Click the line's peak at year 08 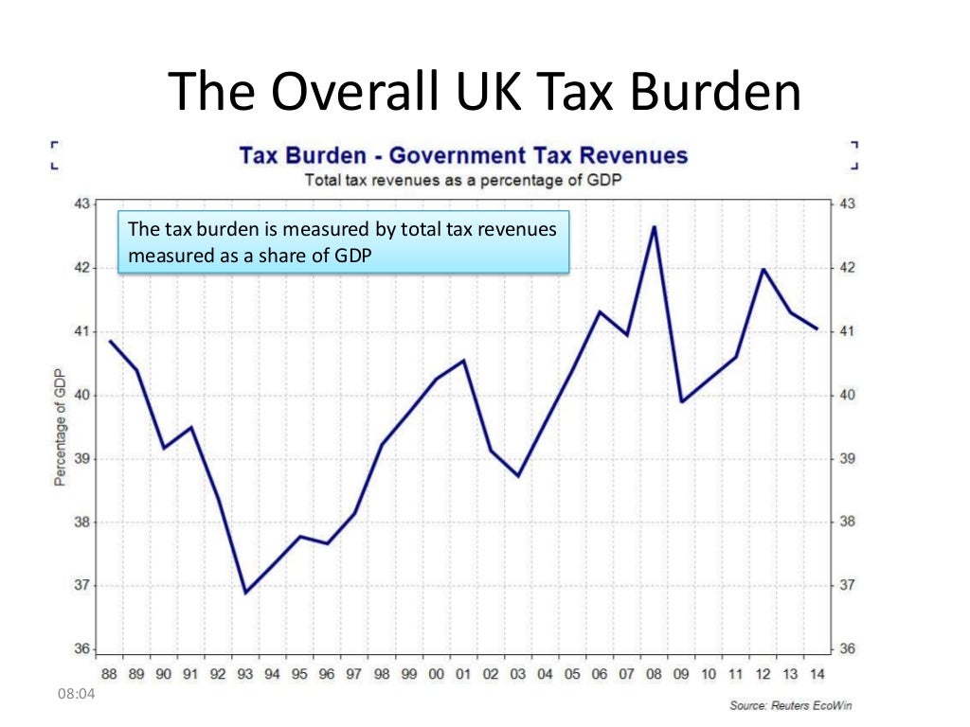[x=653, y=226]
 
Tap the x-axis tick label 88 [x=110, y=674]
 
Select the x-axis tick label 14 [x=816, y=674]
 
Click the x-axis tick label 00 [x=436, y=674]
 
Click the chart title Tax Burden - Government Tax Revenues [x=463, y=155]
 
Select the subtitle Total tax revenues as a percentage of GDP [x=463, y=179]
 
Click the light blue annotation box [x=343, y=241]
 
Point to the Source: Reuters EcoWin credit [x=790, y=706]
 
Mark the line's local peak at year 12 [x=763, y=270]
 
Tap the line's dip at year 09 [x=681, y=401]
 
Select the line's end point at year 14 [x=817, y=328]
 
